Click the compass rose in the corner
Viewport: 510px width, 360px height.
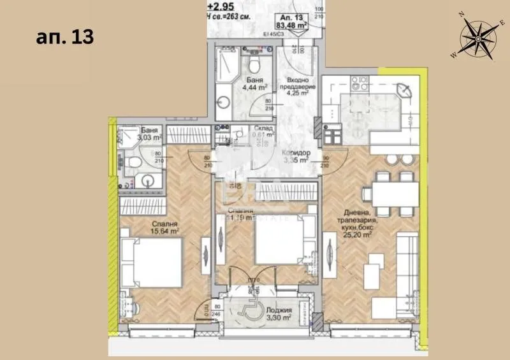479,36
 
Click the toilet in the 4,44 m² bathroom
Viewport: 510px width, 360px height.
254,63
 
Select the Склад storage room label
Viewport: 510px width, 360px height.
262,131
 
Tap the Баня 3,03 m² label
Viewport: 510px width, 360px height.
133,132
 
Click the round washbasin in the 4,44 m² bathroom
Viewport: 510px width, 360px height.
224,101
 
